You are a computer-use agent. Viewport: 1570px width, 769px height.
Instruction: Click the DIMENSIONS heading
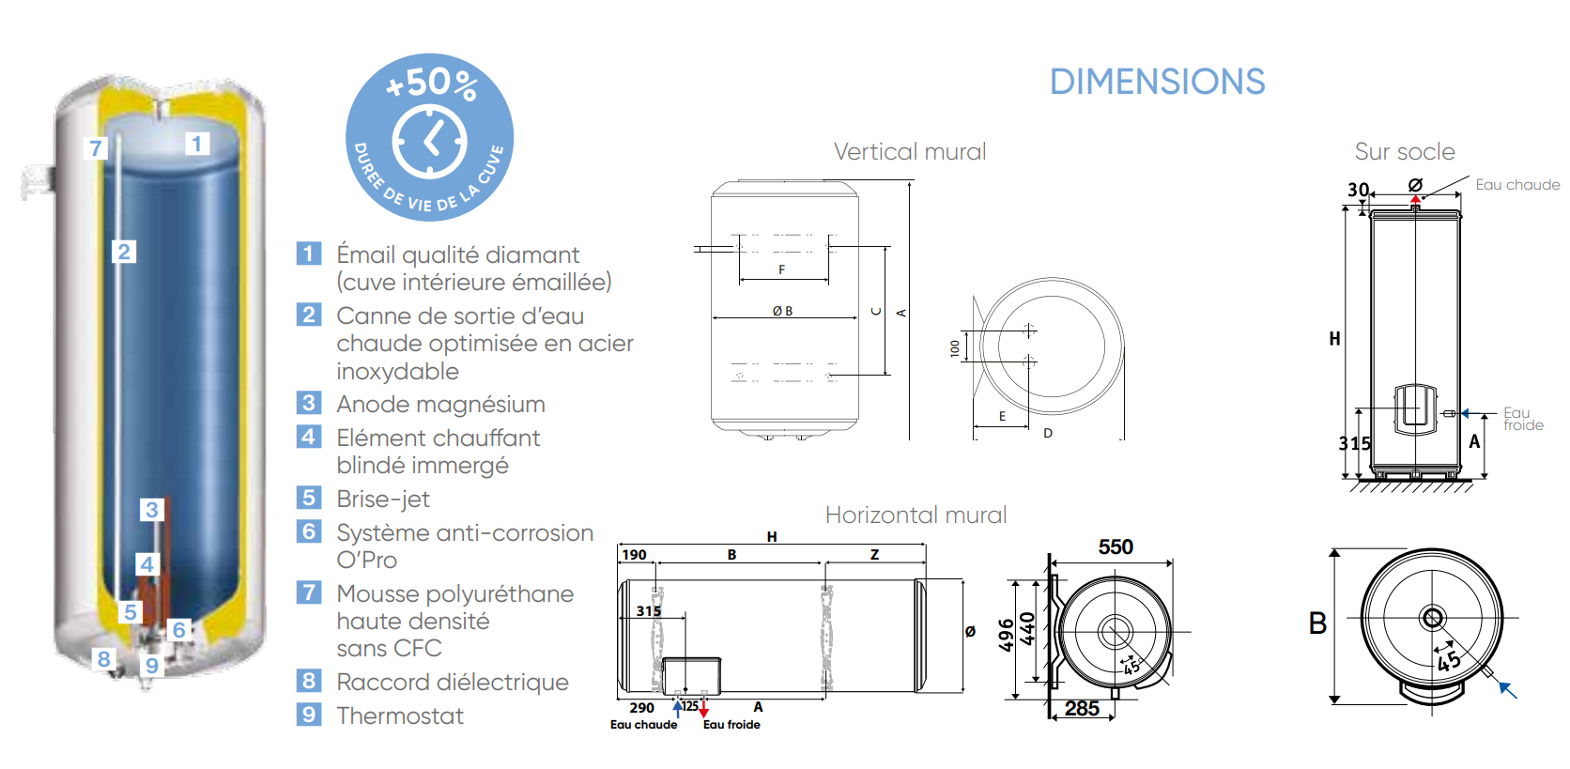pyautogui.click(x=1157, y=83)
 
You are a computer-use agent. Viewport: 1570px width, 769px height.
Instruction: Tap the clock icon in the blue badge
pyautogui.click(x=429, y=142)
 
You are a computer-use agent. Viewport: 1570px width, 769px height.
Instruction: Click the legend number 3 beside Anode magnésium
pyautogui.click(x=308, y=404)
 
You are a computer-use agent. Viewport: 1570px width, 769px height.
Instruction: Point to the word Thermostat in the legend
pyautogui.click(x=400, y=716)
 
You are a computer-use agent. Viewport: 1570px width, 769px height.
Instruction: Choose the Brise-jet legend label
pyautogui.click(x=383, y=500)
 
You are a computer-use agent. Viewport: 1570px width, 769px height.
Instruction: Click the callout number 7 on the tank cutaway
pyautogui.click(x=95, y=148)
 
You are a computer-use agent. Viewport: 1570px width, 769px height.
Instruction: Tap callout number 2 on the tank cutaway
pyautogui.click(x=123, y=252)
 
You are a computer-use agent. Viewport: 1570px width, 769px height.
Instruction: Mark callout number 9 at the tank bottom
pyautogui.click(x=151, y=666)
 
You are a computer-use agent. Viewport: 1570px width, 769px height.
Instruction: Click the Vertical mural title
pyautogui.click(x=910, y=152)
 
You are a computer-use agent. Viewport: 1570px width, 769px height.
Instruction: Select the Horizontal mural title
pyautogui.click(x=916, y=515)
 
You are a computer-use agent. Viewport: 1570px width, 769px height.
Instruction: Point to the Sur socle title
pyautogui.click(x=1405, y=152)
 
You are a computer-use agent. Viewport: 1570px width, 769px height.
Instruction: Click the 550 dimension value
pyautogui.click(x=1116, y=547)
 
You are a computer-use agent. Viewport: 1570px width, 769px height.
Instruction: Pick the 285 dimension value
pyautogui.click(x=1082, y=709)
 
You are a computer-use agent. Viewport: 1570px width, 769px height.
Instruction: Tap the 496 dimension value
pyautogui.click(x=1007, y=635)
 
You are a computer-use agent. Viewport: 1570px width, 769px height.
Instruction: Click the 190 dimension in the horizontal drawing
pyautogui.click(x=635, y=555)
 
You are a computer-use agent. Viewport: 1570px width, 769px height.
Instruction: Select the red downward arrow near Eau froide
pyautogui.click(x=703, y=711)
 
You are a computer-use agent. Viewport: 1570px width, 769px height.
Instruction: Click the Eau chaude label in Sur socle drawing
pyautogui.click(x=1517, y=185)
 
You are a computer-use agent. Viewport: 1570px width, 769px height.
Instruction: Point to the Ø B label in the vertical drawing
pyautogui.click(x=782, y=311)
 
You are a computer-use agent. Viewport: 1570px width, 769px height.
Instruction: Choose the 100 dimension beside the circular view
pyautogui.click(x=955, y=348)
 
